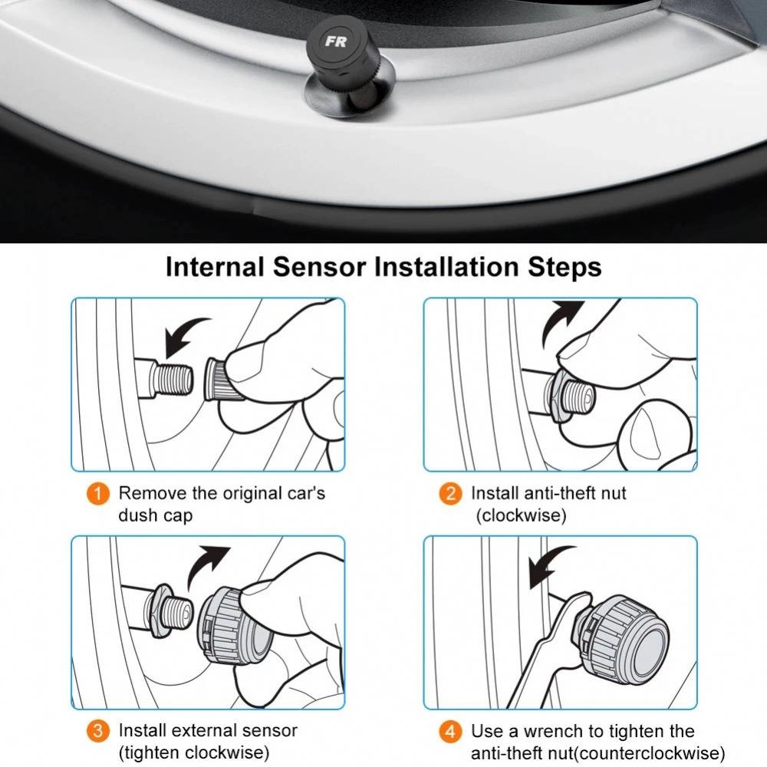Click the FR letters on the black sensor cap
point(335,41)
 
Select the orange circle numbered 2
point(450,493)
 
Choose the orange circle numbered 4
point(450,731)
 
